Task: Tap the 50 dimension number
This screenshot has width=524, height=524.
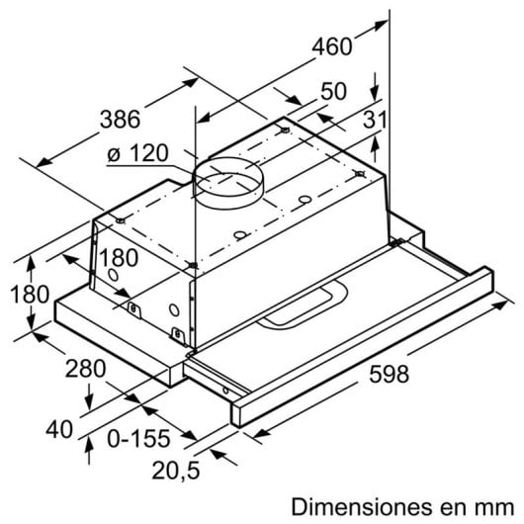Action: click(333, 91)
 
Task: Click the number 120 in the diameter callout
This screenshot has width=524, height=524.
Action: click(148, 154)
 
